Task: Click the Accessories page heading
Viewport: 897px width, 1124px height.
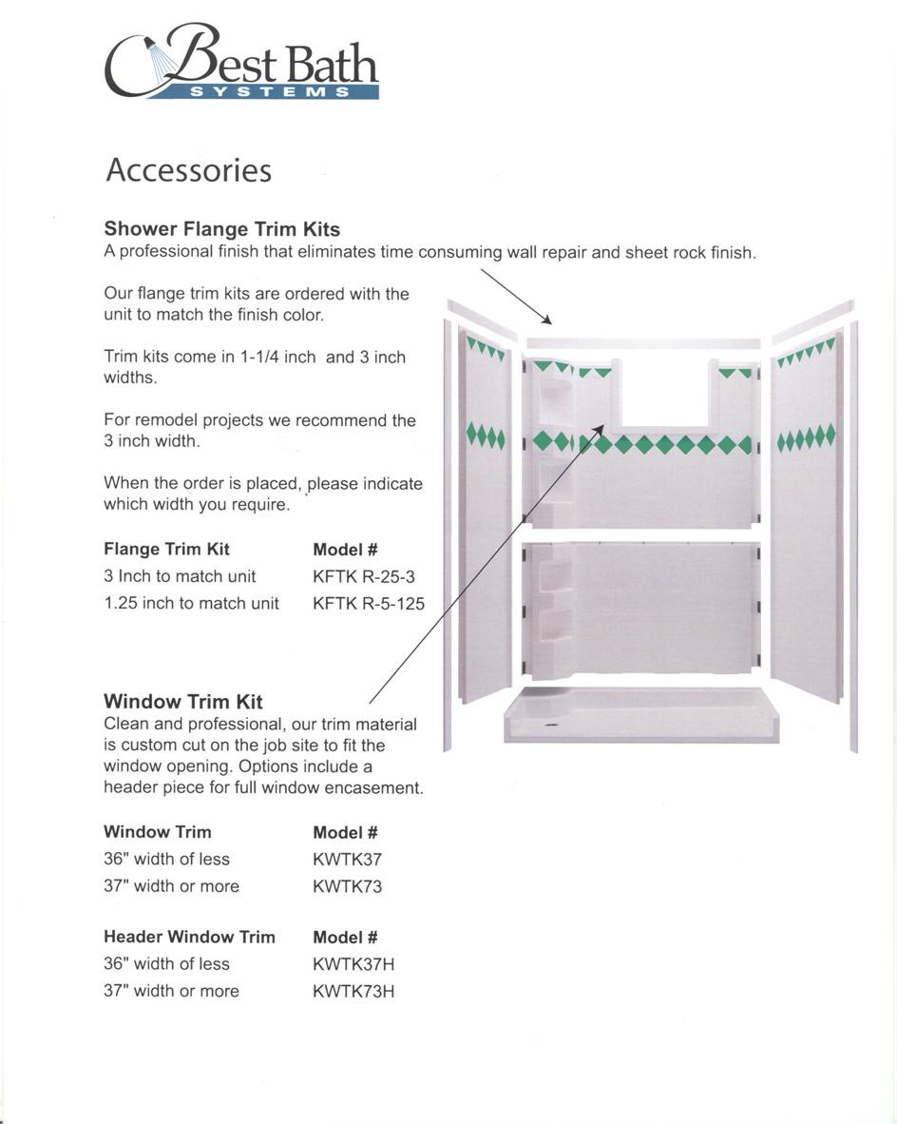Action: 188,170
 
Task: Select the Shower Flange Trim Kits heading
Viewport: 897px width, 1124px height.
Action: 221,229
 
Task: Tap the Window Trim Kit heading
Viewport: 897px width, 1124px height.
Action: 182,702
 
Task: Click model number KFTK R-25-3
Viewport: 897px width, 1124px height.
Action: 363,576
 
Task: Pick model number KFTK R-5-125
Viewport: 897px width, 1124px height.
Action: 368,603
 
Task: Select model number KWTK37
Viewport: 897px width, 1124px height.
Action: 347,860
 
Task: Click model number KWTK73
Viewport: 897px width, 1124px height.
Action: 347,886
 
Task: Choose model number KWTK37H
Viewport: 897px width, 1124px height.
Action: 353,964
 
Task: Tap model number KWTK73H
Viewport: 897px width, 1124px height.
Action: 353,991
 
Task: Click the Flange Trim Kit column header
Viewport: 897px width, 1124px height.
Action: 166,550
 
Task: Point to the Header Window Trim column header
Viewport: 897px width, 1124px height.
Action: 189,937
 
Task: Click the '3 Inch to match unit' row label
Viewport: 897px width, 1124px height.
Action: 180,576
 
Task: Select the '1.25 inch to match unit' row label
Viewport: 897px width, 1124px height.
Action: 191,603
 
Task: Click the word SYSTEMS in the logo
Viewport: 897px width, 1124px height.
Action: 270,92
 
